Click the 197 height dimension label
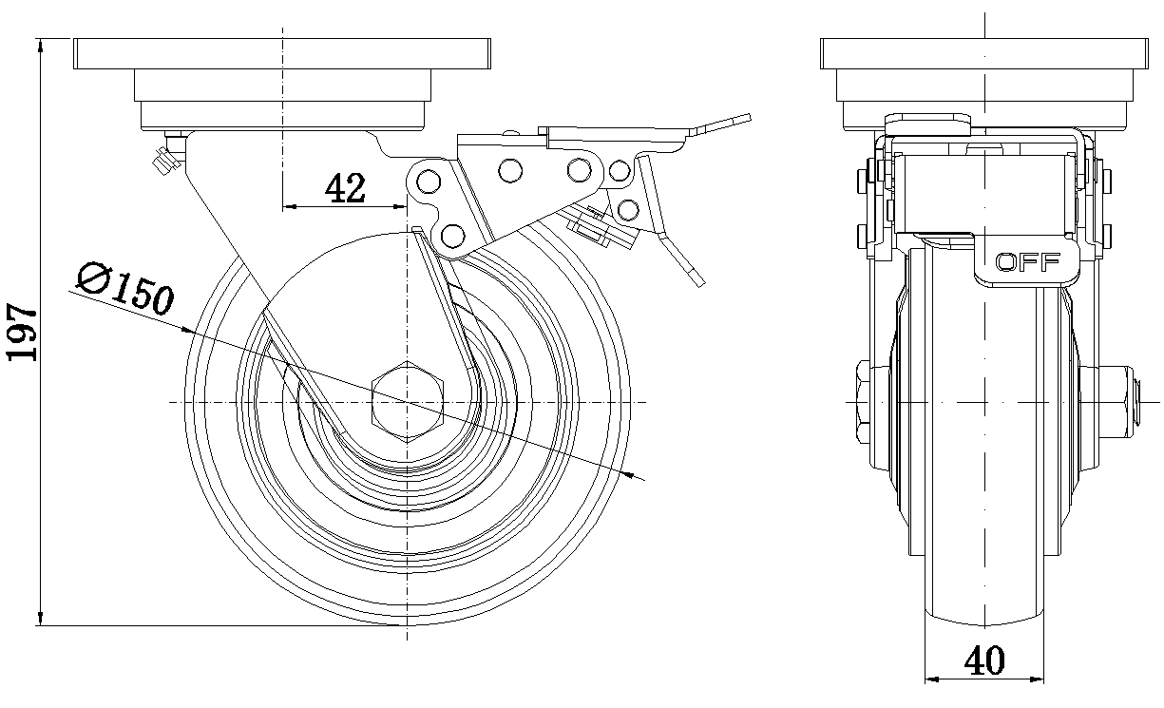pos(21,333)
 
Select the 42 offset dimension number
pos(345,189)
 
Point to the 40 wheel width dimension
pos(985,659)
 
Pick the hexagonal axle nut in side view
pos(409,402)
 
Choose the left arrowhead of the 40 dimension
pos(932,679)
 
